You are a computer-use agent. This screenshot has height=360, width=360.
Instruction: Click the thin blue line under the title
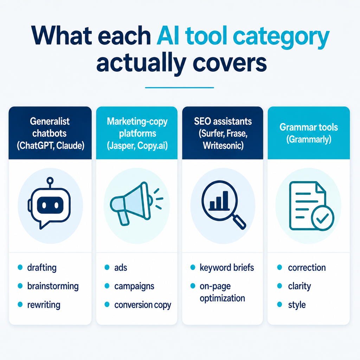180,88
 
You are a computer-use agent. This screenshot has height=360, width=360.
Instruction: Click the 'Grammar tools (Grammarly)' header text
309,133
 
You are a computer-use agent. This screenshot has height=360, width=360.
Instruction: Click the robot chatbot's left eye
44,205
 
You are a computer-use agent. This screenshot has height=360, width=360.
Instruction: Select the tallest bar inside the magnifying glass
225,200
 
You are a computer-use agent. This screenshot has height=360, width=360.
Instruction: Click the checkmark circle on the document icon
322,218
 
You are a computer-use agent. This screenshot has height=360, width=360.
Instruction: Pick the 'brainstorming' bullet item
53,286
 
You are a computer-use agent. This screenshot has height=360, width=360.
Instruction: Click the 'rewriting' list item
44,305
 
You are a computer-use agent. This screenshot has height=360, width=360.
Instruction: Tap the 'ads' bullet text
121,268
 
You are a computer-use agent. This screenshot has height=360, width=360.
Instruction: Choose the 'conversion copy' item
143,305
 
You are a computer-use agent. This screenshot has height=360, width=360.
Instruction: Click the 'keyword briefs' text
227,268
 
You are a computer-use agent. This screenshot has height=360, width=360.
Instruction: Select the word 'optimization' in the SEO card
222,298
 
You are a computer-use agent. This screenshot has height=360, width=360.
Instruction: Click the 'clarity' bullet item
300,286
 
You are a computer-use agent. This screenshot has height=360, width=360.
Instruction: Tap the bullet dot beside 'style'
279,304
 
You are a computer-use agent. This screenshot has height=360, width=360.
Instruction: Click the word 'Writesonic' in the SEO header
223,145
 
